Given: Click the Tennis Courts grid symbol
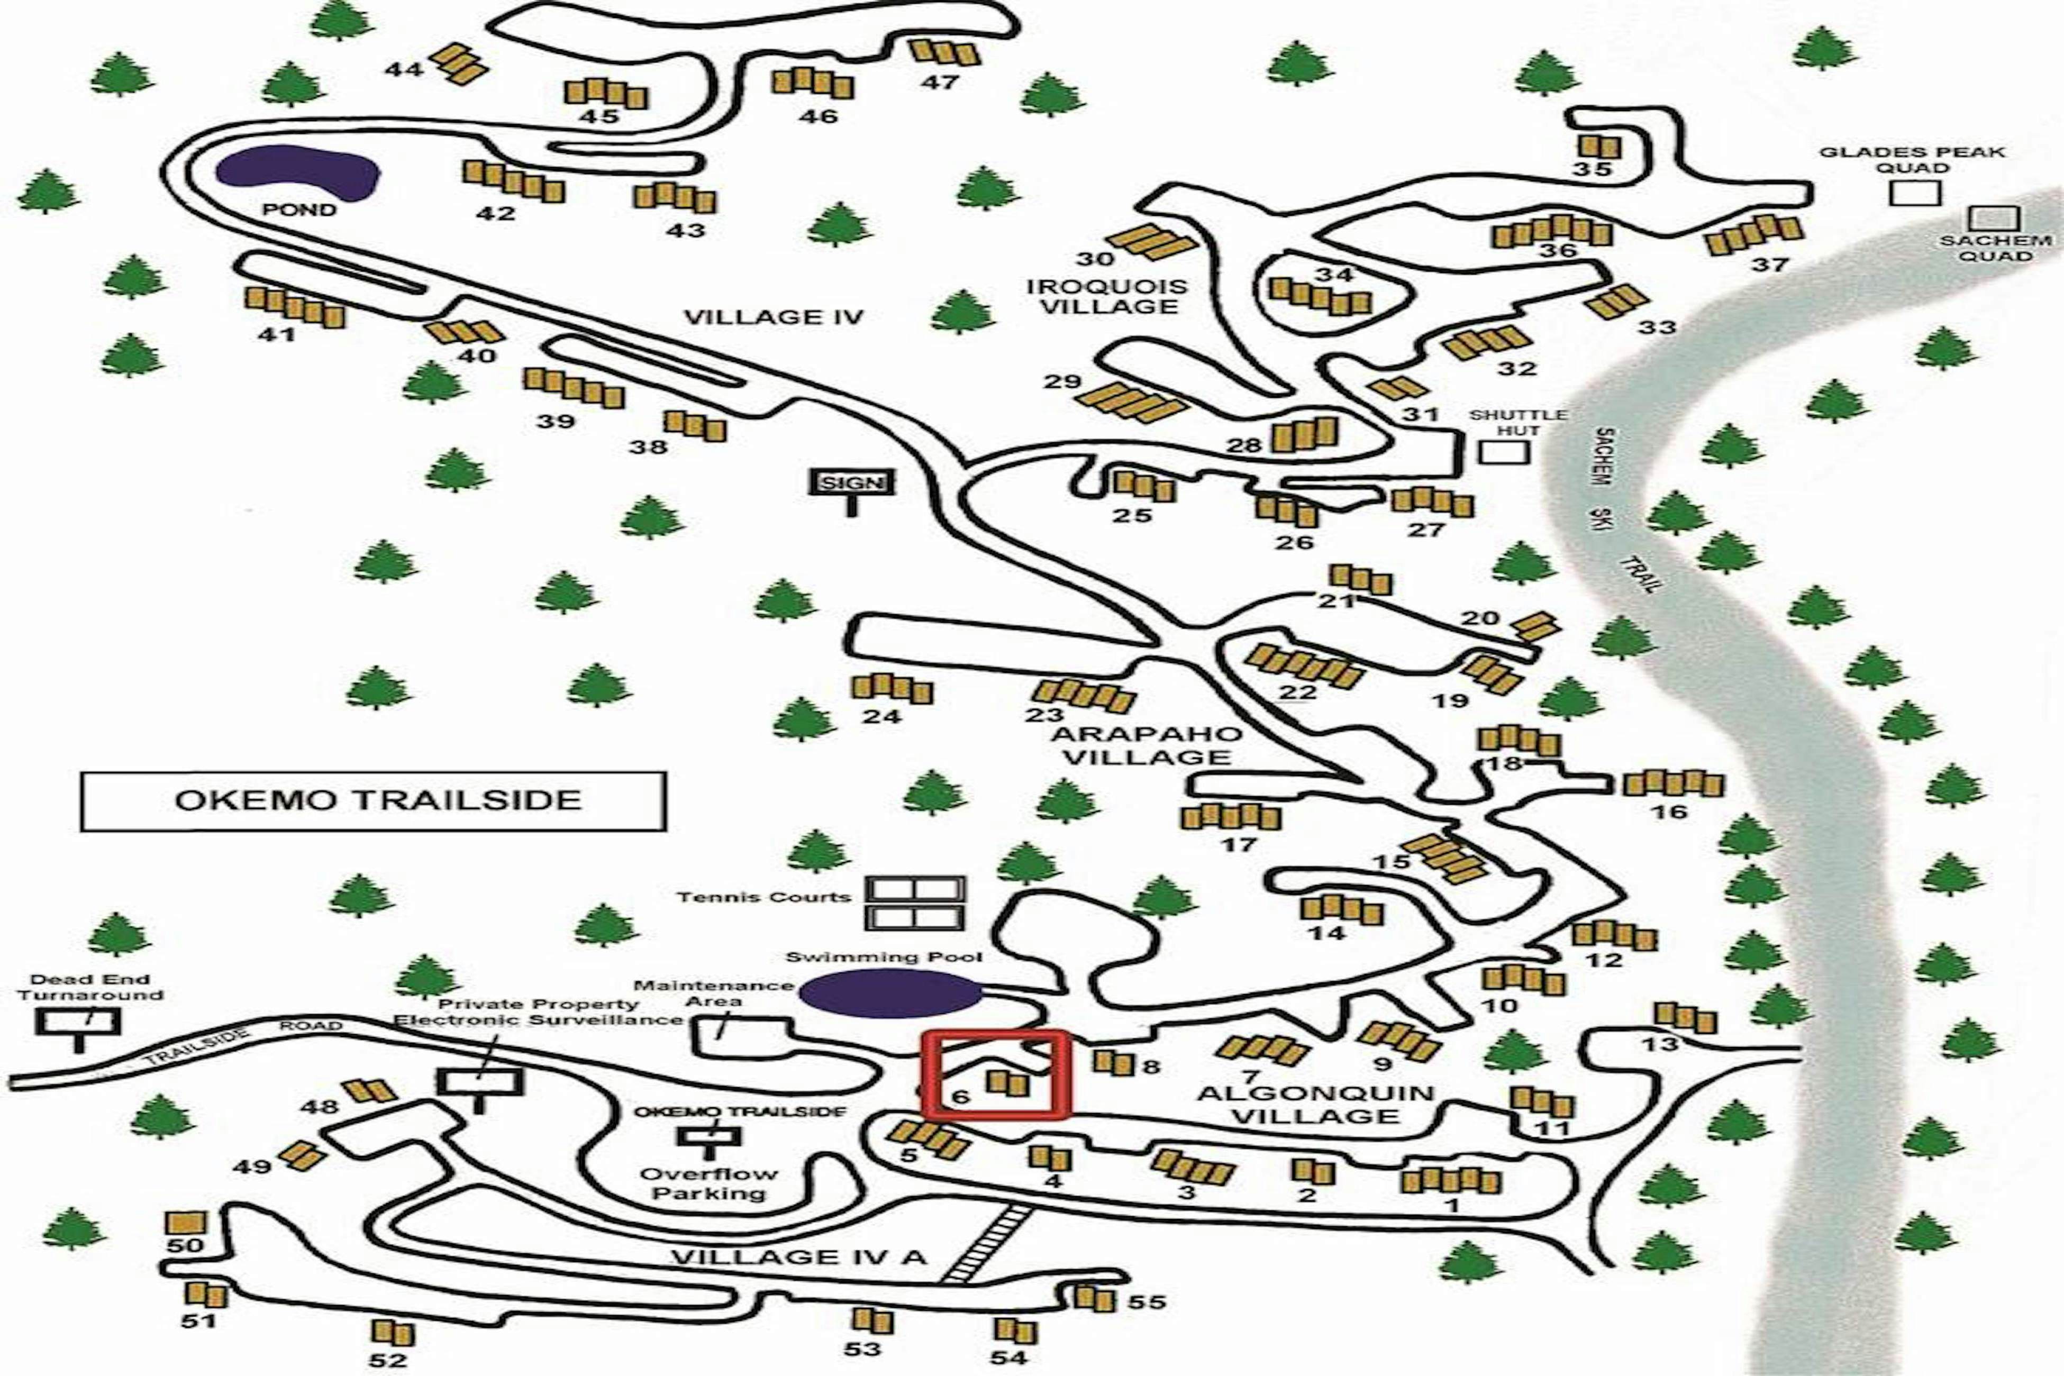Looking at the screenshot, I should coord(915,903).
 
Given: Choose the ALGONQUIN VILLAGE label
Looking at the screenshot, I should coord(1315,1105).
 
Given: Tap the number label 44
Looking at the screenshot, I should coord(404,68).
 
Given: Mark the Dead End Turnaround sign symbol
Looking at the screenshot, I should coord(78,1023).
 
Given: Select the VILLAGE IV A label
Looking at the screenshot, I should coord(798,1256).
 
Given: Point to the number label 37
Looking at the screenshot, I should coord(1769,264).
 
